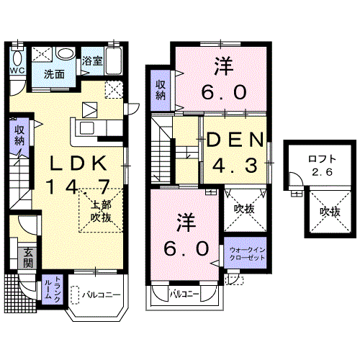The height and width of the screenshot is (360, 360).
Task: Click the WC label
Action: [x=17, y=71]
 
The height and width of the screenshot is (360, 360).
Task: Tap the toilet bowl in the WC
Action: [x=17, y=58]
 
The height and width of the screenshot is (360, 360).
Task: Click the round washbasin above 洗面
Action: [x=66, y=54]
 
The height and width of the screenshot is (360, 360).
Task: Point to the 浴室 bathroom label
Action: [x=92, y=61]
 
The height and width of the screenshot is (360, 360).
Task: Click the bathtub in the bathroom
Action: [x=114, y=61]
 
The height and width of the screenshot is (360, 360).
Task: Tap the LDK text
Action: [x=78, y=163]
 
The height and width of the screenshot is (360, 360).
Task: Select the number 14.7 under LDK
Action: [x=78, y=186]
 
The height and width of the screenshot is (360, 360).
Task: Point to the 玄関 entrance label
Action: [x=28, y=258]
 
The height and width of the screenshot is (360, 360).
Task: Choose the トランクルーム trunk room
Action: [x=53, y=289]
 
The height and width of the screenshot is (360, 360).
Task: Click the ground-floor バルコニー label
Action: [x=102, y=294]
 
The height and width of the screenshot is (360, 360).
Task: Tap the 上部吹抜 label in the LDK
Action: [x=101, y=212]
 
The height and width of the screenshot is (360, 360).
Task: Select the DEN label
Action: [x=235, y=140]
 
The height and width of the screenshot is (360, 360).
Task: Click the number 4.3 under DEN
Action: [x=235, y=165]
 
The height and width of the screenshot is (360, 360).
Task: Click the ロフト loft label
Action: [x=322, y=159]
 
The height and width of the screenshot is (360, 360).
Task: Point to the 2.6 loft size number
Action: [x=323, y=172]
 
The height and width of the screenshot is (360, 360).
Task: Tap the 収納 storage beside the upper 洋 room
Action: [x=161, y=90]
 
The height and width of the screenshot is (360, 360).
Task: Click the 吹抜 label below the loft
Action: [x=330, y=212]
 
